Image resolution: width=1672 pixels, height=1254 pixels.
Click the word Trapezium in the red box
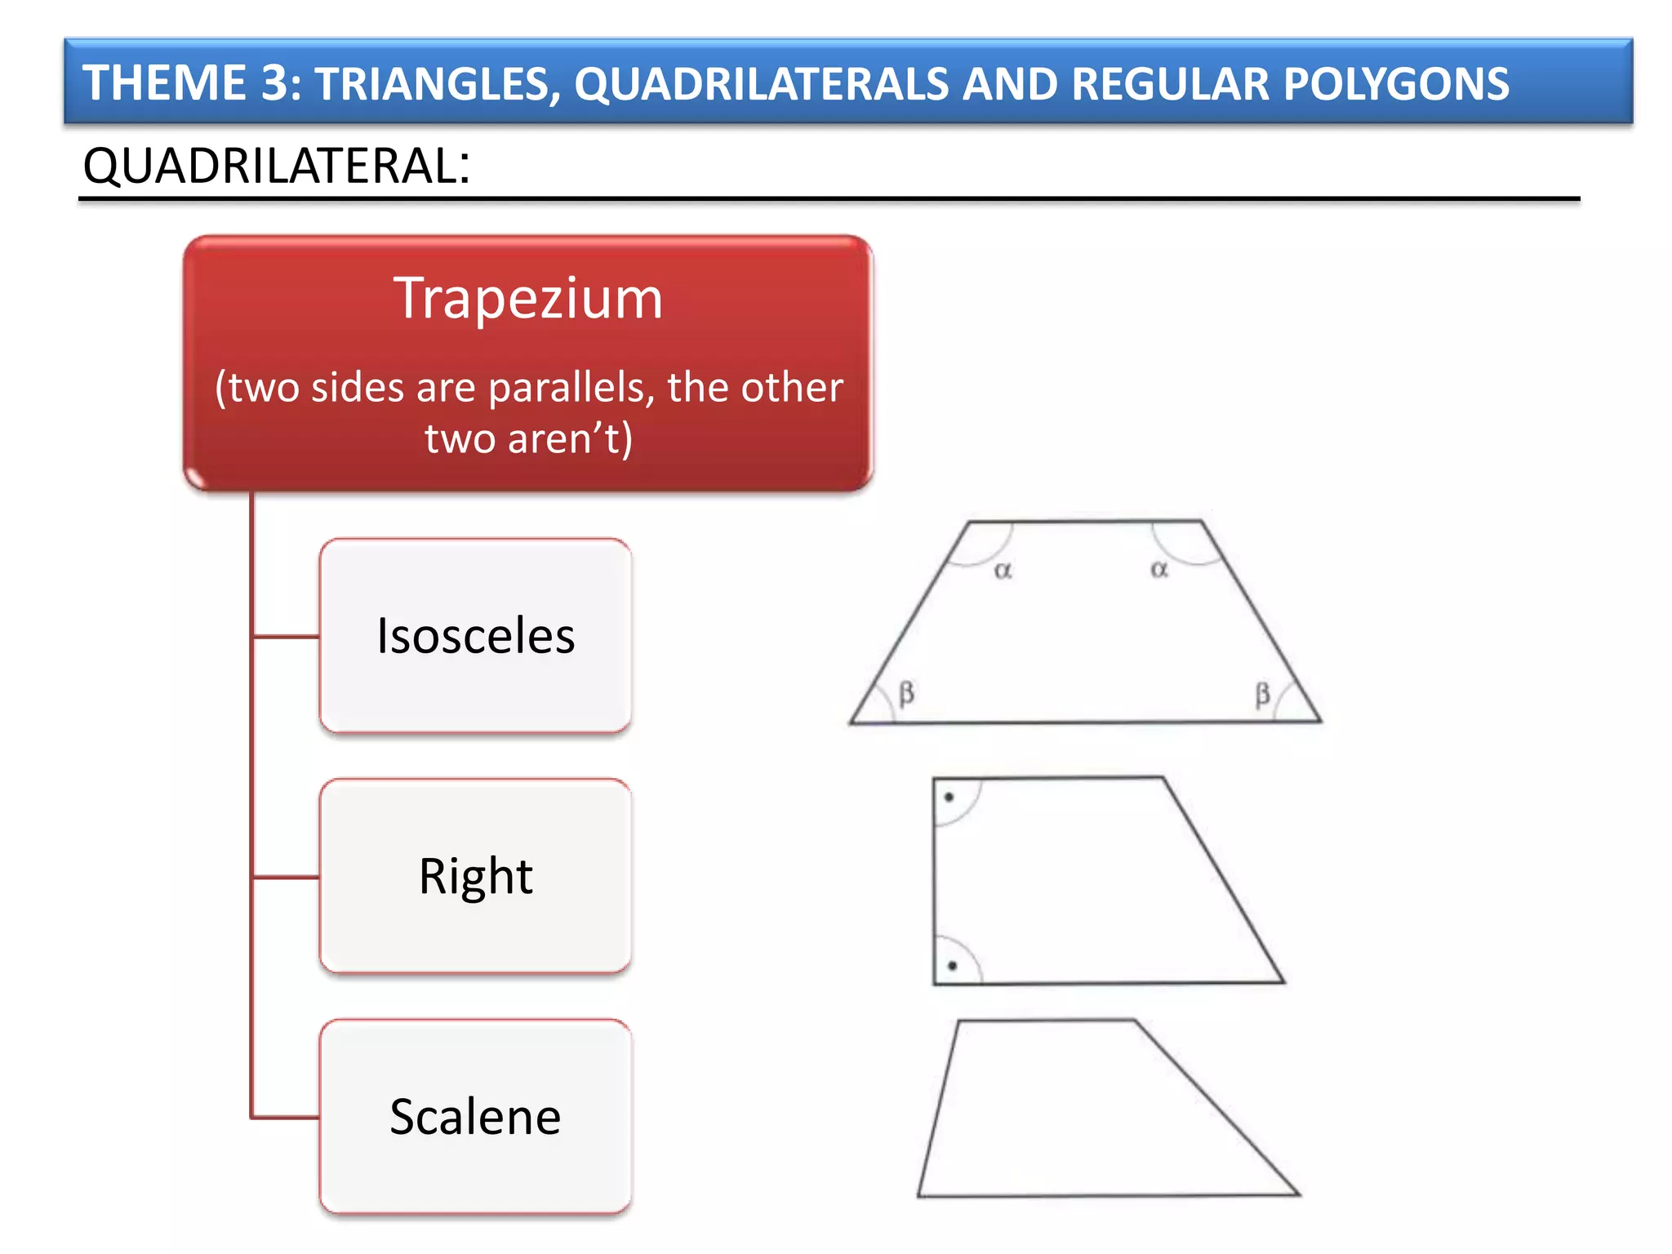click(528, 300)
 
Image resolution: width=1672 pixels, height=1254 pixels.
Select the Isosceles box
click(475, 636)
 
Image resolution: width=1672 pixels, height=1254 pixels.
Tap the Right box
click(475, 876)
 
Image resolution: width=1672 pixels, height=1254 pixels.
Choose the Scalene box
click(475, 1116)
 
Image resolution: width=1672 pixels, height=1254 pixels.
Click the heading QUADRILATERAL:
click(276, 167)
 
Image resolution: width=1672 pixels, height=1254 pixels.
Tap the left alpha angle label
click(1003, 571)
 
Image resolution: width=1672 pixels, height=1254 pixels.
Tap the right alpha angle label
click(1159, 570)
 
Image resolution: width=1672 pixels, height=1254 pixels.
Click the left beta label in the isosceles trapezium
click(906, 694)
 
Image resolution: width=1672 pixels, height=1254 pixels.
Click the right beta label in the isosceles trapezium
click(1262, 695)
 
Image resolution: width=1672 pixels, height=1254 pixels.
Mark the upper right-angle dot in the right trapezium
click(949, 797)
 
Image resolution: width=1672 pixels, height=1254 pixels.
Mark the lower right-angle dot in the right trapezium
click(952, 966)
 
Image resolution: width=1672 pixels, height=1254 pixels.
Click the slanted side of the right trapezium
click(1223, 880)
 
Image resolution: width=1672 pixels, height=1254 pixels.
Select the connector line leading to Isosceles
click(286, 636)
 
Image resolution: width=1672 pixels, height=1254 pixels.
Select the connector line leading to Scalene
click(286, 1116)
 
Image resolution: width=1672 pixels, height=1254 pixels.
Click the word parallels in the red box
click(571, 388)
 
